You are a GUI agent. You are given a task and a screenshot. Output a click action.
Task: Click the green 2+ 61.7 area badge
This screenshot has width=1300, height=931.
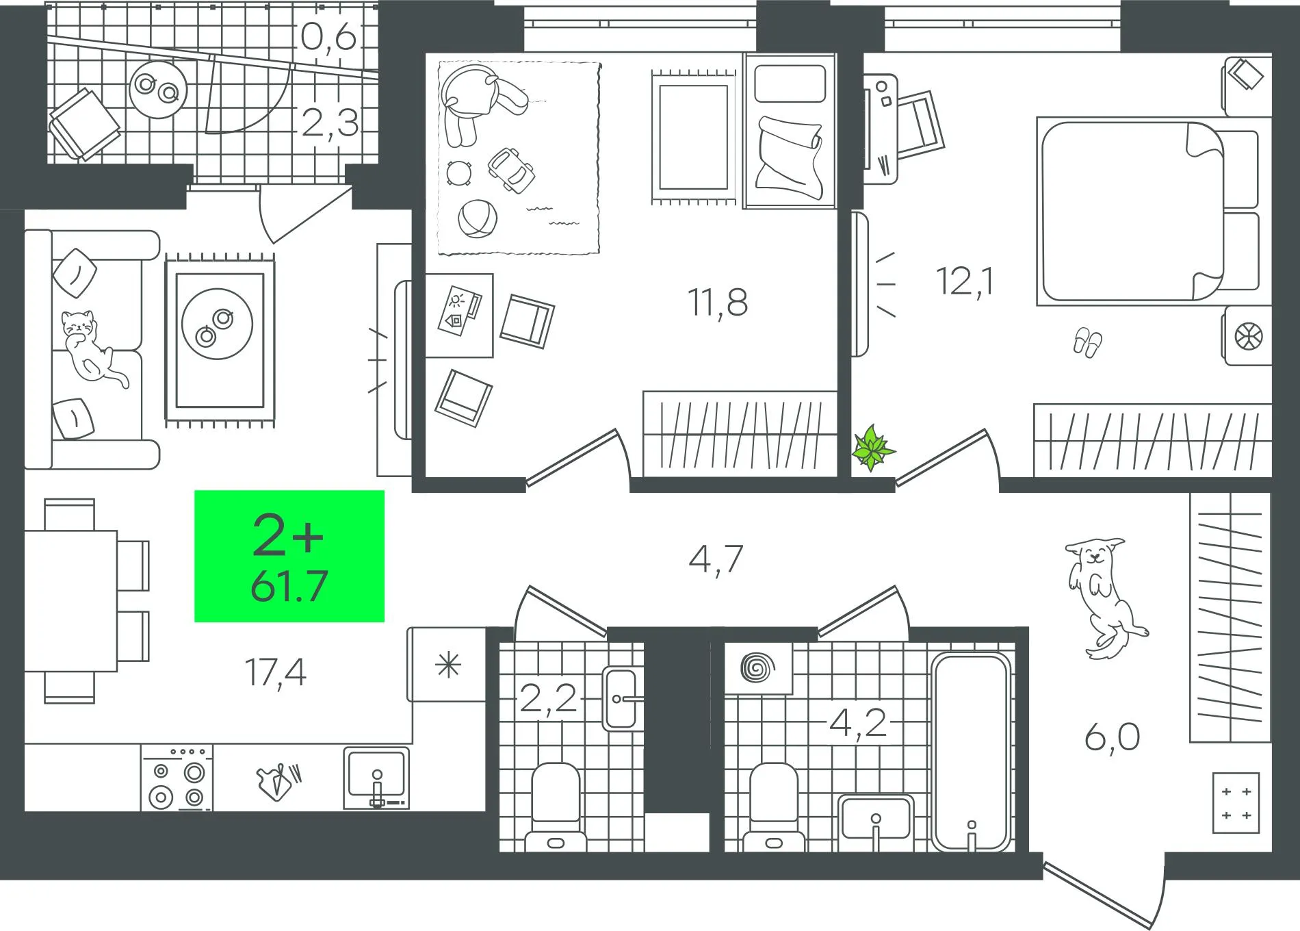289,556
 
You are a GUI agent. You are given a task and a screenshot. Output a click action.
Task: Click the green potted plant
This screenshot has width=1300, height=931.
872,448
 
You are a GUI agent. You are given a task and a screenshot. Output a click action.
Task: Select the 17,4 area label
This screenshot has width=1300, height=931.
275,672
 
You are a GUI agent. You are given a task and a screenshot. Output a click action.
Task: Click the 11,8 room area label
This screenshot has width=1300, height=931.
717,302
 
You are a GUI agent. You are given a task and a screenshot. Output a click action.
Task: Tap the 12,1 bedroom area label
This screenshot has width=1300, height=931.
965,281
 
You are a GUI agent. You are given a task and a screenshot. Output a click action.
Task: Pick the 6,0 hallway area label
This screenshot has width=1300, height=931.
1113,737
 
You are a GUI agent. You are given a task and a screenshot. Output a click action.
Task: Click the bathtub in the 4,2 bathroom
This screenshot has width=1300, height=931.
971,751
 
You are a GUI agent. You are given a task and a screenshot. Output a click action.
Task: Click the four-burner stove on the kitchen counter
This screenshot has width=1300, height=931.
177,778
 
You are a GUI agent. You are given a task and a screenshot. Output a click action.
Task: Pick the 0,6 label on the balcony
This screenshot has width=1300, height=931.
328,37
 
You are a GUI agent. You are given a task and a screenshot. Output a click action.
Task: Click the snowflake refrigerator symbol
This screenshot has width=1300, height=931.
449,665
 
